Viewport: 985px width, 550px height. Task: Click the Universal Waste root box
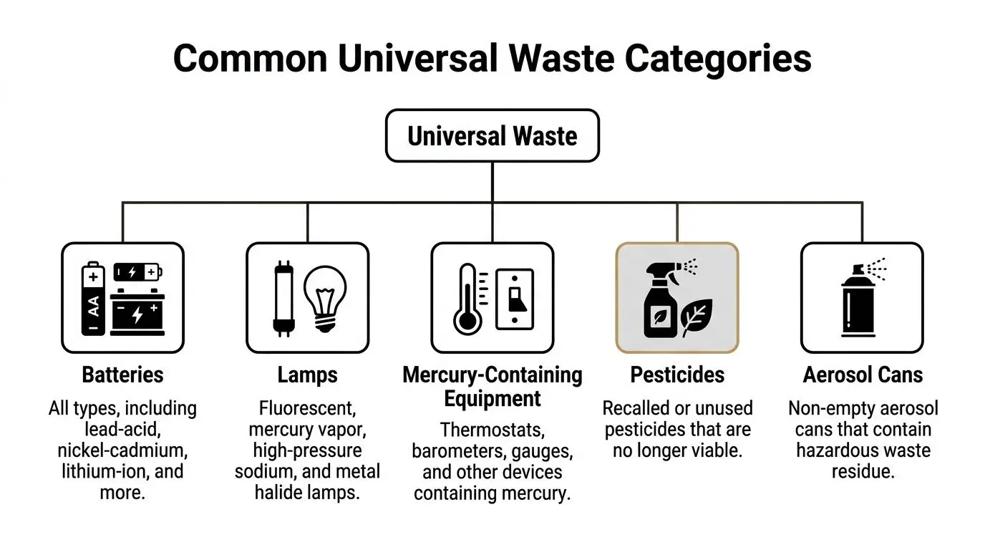click(x=492, y=135)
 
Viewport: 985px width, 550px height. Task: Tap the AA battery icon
click(x=94, y=300)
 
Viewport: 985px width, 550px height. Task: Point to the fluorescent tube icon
click(x=281, y=299)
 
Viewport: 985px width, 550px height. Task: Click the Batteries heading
click(x=122, y=375)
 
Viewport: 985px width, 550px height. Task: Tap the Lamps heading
click(x=307, y=375)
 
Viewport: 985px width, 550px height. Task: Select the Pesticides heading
click(x=677, y=375)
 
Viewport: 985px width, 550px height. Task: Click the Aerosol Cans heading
click(x=863, y=375)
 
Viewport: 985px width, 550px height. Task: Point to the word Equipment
click(x=492, y=398)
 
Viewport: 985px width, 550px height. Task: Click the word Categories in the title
click(x=718, y=59)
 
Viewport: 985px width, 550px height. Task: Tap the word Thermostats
click(x=492, y=430)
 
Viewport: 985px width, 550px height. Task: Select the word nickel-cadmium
click(x=122, y=450)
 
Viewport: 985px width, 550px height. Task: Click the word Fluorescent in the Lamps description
click(x=307, y=409)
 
